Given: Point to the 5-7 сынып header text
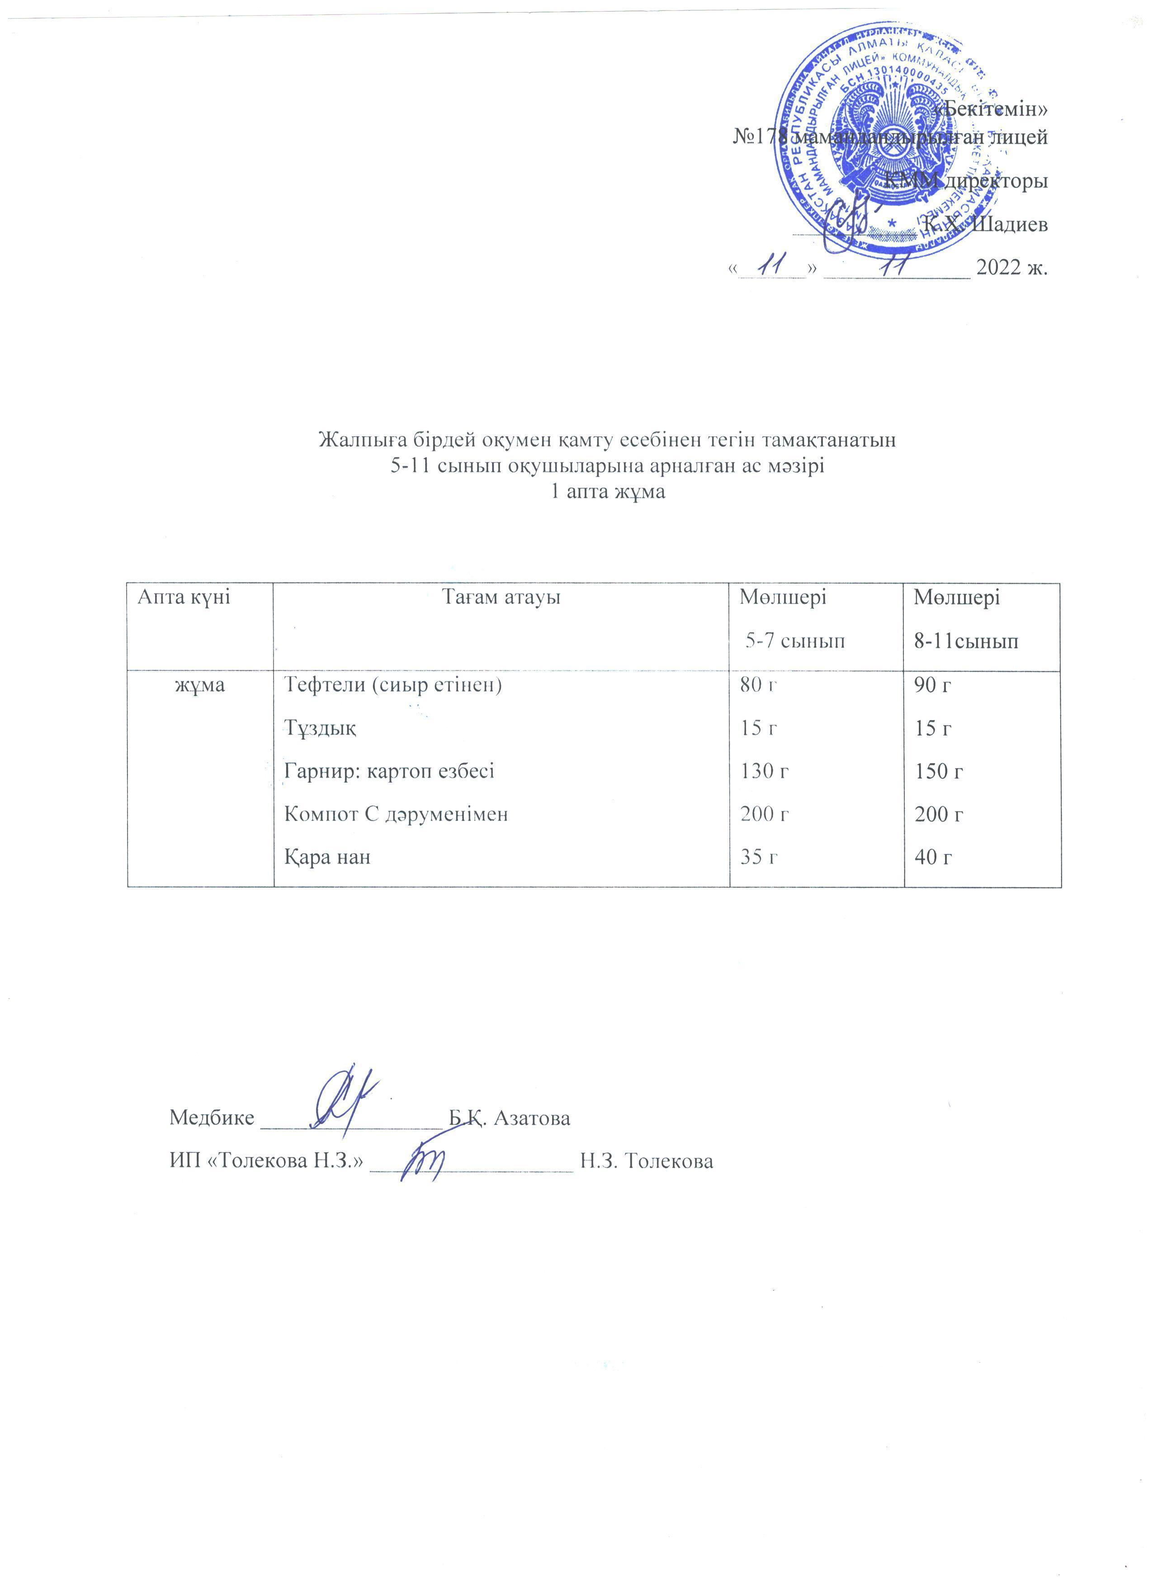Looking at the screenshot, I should [x=795, y=641].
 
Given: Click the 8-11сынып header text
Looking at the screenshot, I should [x=966, y=641].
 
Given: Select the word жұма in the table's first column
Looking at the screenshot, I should [x=200, y=684].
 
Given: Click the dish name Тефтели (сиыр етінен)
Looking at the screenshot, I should [x=393, y=684].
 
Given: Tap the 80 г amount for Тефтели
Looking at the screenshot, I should [x=759, y=684].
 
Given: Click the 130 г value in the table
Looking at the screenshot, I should [x=765, y=771].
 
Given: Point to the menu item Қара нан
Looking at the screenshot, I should [x=327, y=857].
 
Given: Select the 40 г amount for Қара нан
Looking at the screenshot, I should [x=933, y=857].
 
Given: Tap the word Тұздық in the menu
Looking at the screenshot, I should [x=320, y=728].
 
